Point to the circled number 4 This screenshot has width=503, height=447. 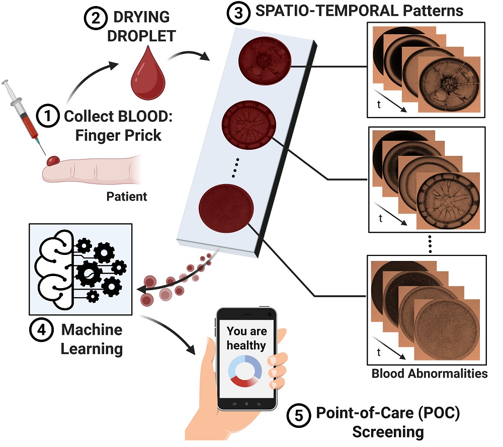point(41,330)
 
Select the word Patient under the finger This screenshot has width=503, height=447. point(127,196)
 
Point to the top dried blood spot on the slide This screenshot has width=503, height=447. point(264,60)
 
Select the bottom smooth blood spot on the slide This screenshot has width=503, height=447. point(226,207)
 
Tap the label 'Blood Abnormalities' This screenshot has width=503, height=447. point(429,374)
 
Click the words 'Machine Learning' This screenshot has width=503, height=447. point(91,339)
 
